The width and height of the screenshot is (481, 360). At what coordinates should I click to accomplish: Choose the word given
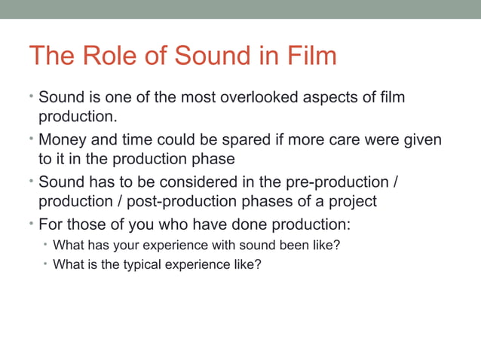420,140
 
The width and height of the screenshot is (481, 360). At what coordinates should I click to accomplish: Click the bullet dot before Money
32,139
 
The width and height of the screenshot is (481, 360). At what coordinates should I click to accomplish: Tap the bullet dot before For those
32,224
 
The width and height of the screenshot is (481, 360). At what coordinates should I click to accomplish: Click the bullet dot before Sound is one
32,96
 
